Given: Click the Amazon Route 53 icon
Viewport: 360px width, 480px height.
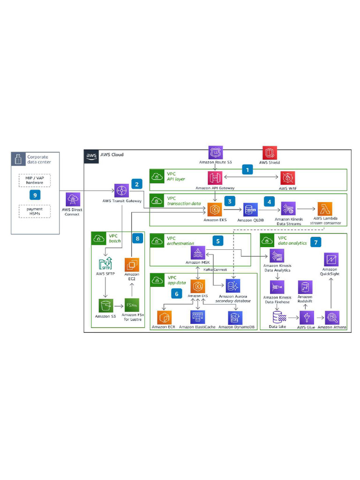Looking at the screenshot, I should tap(215, 153).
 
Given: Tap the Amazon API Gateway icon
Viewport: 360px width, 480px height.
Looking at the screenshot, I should tap(215, 177).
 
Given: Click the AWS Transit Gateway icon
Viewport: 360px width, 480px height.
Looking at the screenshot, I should tap(121, 190).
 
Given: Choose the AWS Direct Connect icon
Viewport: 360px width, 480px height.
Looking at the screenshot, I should tap(73, 199).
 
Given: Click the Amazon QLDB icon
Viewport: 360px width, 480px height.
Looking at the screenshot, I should tap(250, 210).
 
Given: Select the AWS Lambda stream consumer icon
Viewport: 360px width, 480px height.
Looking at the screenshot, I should tap(325, 209).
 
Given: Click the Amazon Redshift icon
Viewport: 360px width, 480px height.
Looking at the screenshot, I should tap(305, 287).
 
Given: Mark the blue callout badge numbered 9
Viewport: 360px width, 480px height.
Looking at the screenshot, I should tap(33, 194).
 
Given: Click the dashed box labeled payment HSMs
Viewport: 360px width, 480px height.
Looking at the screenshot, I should tap(35, 211).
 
